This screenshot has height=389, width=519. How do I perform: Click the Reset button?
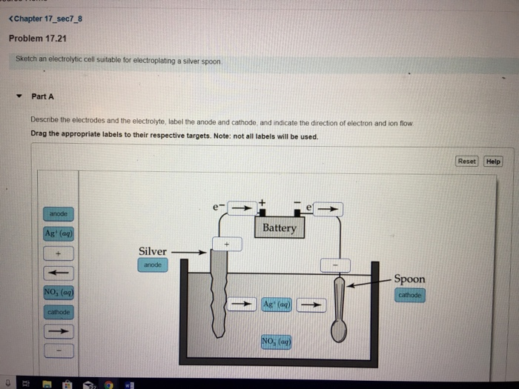(x=467, y=161)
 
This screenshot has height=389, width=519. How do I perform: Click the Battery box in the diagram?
(x=279, y=227)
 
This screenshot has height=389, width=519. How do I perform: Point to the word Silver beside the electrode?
(x=153, y=251)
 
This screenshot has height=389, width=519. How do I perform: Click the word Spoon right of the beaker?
(x=409, y=279)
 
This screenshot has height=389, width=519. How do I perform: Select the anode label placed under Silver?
(x=152, y=265)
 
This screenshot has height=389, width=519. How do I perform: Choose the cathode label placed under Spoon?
(x=409, y=293)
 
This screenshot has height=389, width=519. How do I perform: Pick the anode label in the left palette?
(x=58, y=213)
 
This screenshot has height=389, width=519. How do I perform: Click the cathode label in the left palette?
(x=58, y=312)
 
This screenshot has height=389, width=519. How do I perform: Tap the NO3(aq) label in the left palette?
(x=58, y=293)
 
